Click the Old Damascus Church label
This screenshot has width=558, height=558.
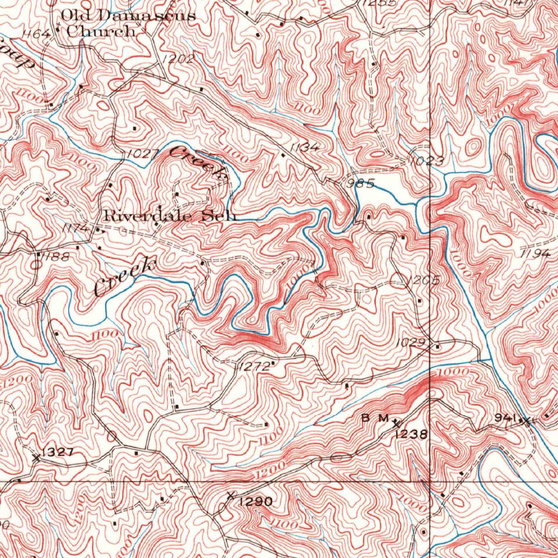pyautogui.click(x=128, y=23)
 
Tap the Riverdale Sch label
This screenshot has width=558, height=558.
pyautogui.click(x=170, y=216)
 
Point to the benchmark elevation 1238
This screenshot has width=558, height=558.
pyautogui.click(x=412, y=434)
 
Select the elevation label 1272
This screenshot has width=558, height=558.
pyautogui.click(x=254, y=367)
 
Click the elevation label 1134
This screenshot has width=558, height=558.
pyautogui.click(x=305, y=148)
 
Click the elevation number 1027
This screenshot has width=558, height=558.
pyautogui.click(x=142, y=155)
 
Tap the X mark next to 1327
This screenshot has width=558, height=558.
pyautogui.click(x=37, y=458)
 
